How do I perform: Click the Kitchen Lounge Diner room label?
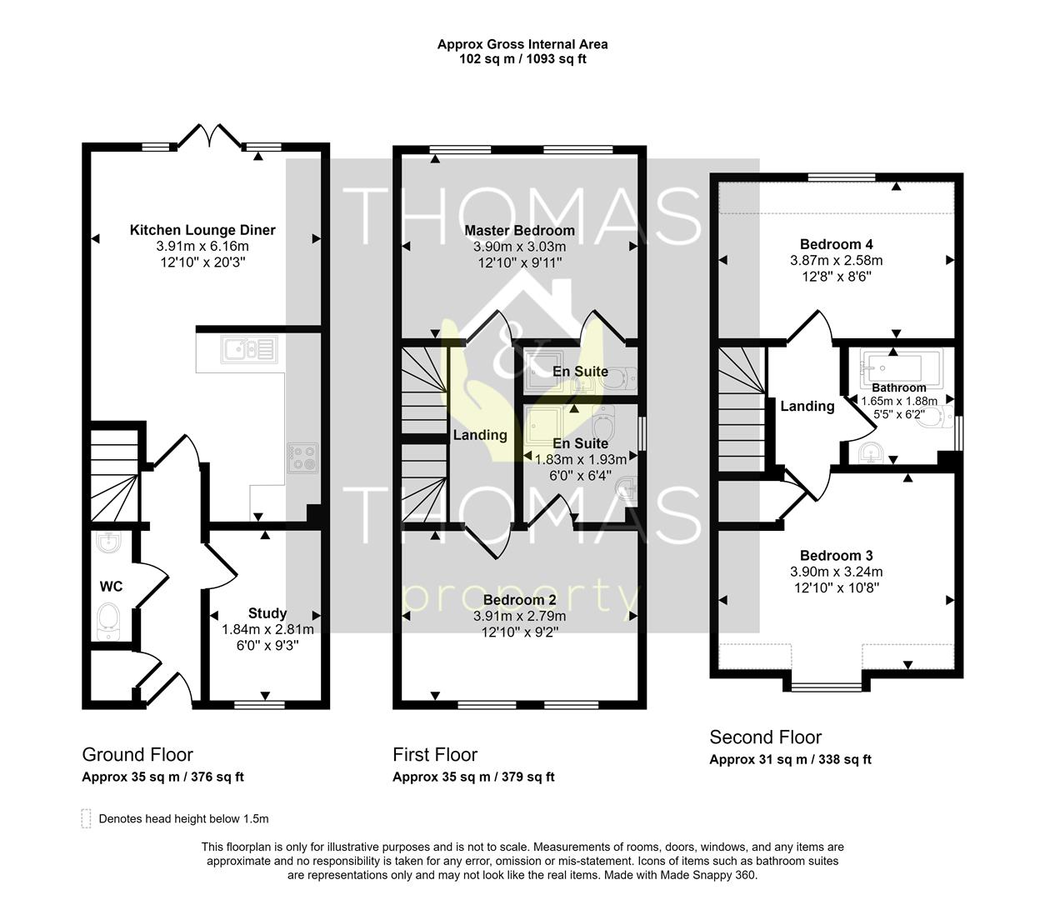pyautogui.click(x=202, y=230)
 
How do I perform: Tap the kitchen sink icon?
pyautogui.click(x=248, y=349)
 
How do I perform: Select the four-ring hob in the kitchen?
pyautogui.click(x=302, y=457)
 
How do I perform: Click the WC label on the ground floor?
pyautogui.click(x=111, y=587)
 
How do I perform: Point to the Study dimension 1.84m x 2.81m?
pyautogui.click(x=267, y=629)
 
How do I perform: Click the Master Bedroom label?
pyautogui.click(x=519, y=231)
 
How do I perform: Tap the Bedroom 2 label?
pyautogui.click(x=519, y=600)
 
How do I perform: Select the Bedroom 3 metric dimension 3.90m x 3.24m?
pyautogui.click(x=836, y=572)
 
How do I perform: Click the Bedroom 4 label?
pyautogui.click(x=836, y=245)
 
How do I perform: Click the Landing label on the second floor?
pyautogui.click(x=807, y=407)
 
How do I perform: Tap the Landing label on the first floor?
pyautogui.click(x=480, y=435)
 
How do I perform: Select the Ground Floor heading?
pyautogui.click(x=137, y=755)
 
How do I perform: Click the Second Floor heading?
pyautogui.click(x=766, y=737)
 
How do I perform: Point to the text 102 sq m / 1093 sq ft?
pyautogui.click(x=522, y=59)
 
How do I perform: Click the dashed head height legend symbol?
pyautogui.click(x=86, y=818)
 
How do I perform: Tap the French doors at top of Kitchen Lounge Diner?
pyautogui.click(x=209, y=137)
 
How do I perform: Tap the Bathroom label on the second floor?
pyautogui.click(x=899, y=387)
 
